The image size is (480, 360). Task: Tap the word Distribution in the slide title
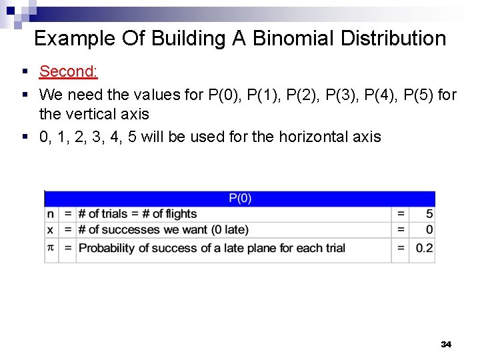click(393, 39)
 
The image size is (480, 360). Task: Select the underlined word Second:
click(69, 71)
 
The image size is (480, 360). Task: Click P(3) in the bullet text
click(343, 95)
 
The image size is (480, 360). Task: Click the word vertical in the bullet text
click(91, 114)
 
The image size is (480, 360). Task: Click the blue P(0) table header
click(240, 198)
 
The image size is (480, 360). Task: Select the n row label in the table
click(51, 214)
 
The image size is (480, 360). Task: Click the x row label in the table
click(51, 230)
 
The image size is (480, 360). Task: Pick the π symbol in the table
click(51, 247)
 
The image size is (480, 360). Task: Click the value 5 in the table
click(429, 214)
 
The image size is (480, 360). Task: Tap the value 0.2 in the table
click(424, 248)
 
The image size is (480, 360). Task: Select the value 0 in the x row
click(429, 230)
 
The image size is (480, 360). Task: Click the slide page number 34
click(446, 344)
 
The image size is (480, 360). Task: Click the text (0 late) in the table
click(227, 230)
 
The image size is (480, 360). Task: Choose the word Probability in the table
click(108, 248)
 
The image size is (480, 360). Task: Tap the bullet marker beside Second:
click(24, 71)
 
